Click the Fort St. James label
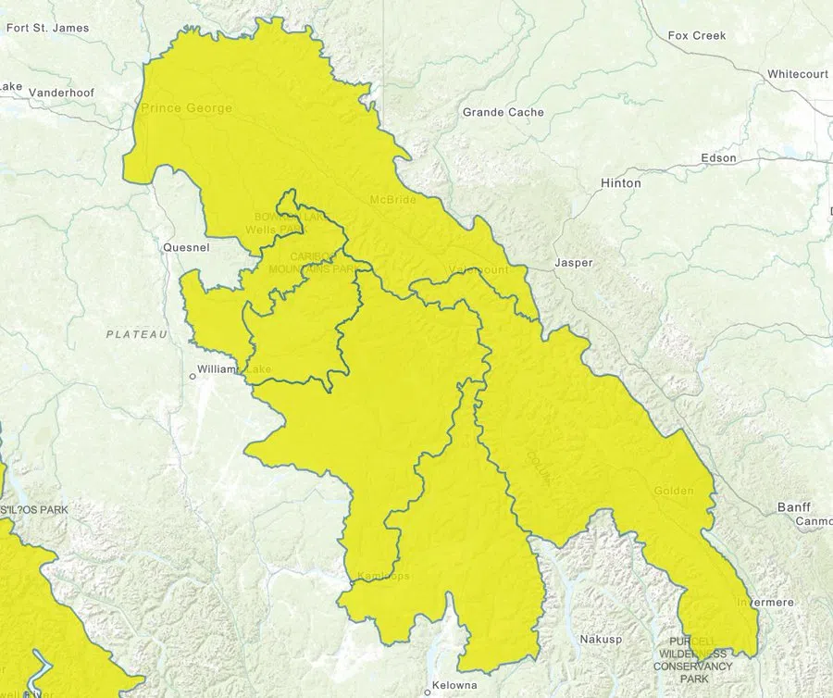pos(47,28)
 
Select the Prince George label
pos(186,108)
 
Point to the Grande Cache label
pos(503,112)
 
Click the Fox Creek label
pos(696,35)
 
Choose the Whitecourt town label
pos(797,73)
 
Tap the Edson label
pos(718,158)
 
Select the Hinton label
pos(620,183)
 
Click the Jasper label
pos(573,263)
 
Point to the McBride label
pos(393,200)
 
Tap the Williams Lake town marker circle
pos(193,376)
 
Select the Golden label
pos(673,491)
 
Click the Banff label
pos(793,507)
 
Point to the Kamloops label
pos(382,577)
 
